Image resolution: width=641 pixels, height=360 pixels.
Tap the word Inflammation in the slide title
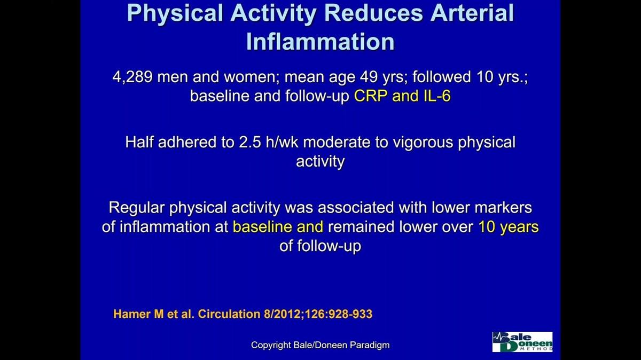pyautogui.click(x=320, y=42)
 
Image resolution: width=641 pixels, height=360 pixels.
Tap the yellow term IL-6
pyautogui.click(x=430, y=97)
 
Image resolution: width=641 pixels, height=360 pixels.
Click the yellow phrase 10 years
pyautogui.click(x=508, y=227)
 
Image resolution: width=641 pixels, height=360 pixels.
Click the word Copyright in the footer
pyautogui.click(x=271, y=345)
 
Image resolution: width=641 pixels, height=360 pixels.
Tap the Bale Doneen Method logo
pyautogui.click(x=522, y=342)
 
